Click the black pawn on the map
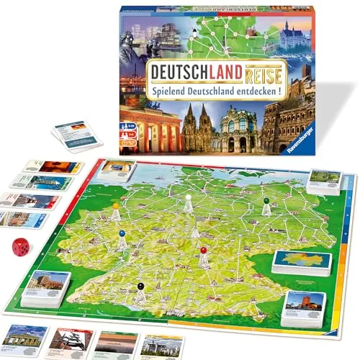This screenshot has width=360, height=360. click(140, 288)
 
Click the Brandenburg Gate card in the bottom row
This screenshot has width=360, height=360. click(24, 338)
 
